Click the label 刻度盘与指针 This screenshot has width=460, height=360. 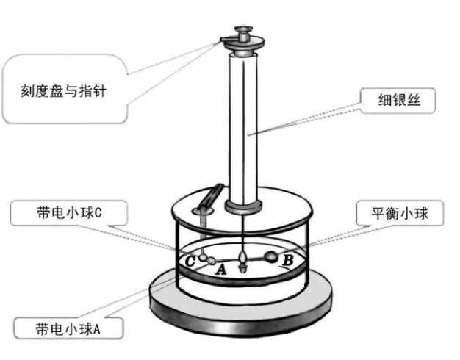pos(65,93)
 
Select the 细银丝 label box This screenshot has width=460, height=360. pos(397,100)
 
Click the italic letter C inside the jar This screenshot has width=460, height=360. pos(189,260)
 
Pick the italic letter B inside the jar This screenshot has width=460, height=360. pos(288,259)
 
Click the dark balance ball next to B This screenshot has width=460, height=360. pos(270,257)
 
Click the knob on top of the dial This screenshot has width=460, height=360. pos(242,33)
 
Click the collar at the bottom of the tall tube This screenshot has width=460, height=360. pos(243,202)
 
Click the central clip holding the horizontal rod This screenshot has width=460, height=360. pos(242,259)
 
